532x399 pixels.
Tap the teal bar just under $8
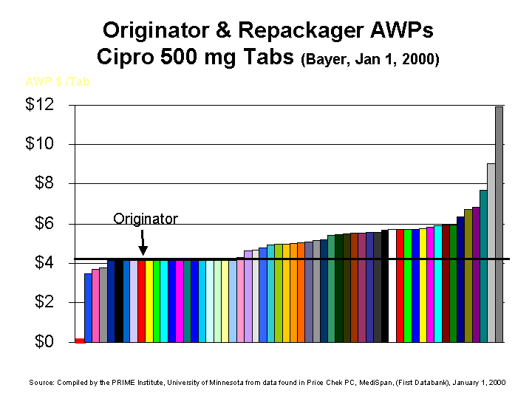[x=483, y=266]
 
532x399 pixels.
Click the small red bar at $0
[x=80, y=341]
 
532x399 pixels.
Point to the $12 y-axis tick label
[x=39, y=104]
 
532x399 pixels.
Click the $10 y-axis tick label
[x=39, y=144]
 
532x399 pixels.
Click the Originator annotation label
[x=146, y=219]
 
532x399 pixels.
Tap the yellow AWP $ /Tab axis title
[x=58, y=81]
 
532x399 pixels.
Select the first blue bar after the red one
[x=88, y=307]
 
